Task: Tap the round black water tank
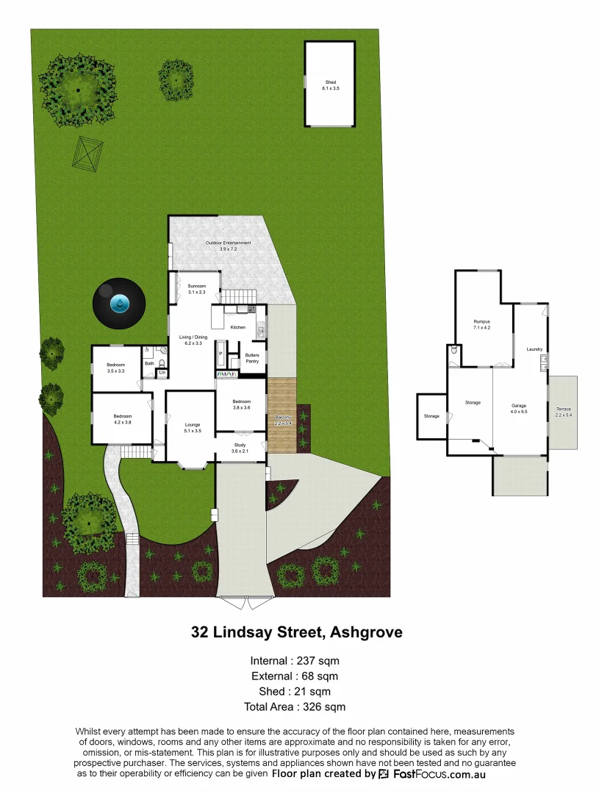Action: pos(118,302)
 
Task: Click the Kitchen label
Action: pos(238,327)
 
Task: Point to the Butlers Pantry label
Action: pos(252,358)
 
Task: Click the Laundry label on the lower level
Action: pos(534,349)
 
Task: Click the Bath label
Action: pos(149,363)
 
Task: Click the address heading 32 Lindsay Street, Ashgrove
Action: pos(297,632)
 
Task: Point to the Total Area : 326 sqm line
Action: pos(295,707)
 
